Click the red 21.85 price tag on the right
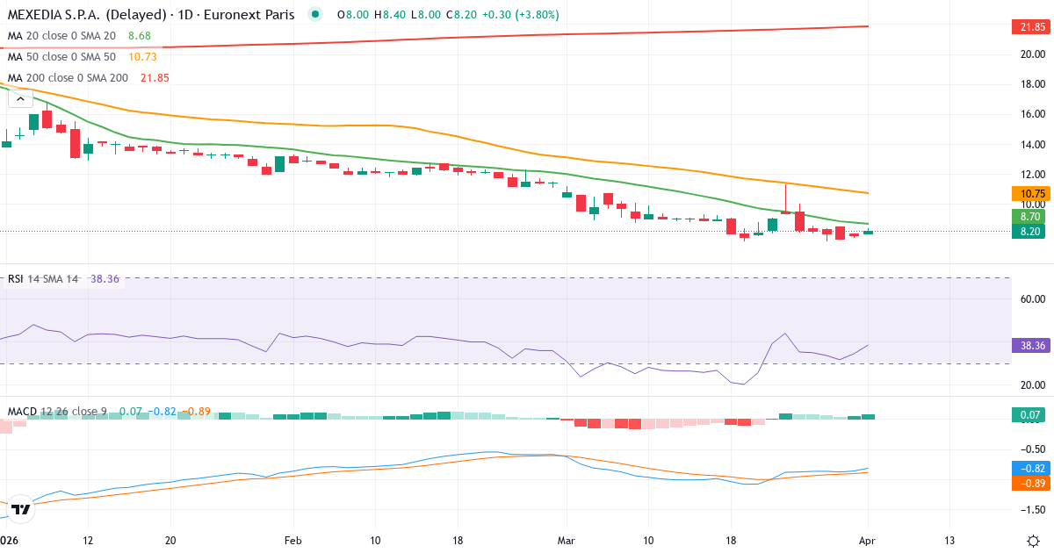(1032, 27)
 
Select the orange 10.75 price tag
(1032, 194)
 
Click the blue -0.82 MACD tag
(1032, 469)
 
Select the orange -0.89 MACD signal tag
(1032, 483)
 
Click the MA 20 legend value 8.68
(139, 35)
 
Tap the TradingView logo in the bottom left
(21, 508)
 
